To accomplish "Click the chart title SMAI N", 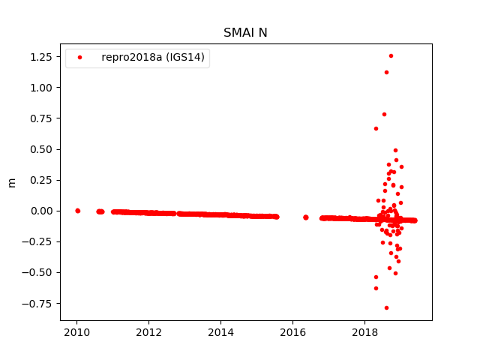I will tap(245, 33).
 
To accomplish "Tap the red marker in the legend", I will tap(80, 58).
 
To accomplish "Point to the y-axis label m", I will tap(11, 182).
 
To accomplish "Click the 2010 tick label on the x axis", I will tap(76, 332).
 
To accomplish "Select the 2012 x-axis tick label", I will tap(148, 332).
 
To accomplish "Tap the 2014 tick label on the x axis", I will tap(220, 332).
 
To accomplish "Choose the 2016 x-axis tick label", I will tap(293, 332).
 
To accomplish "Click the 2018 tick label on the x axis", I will tap(365, 332).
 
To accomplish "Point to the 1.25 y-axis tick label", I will tap(41, 57).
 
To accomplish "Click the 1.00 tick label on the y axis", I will tap(41, 88).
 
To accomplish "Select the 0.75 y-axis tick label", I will tap(41, 118).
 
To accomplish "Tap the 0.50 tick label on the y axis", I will tap(41, 149).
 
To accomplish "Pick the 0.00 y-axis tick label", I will tap(41, 211).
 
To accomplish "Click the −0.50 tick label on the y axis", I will tap(38, 272).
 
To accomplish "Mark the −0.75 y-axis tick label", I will tap(38, 303).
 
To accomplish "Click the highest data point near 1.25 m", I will tap(391, 55).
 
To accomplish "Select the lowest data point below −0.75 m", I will tap(386, 307).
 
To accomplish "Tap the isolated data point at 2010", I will tap(77, 211).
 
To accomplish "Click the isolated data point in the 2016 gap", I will tap(305, 217).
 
